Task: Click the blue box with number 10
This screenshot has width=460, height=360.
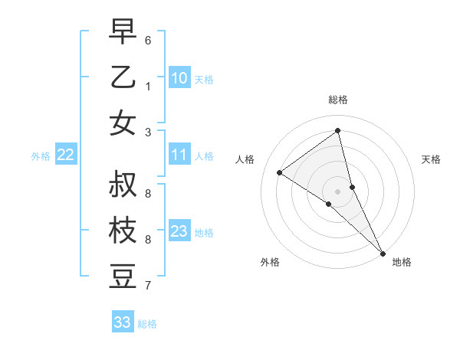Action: (x=179, y=78)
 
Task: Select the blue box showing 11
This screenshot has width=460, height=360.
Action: (x=179, y=155)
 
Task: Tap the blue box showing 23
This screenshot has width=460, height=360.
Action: (x=179, y=231)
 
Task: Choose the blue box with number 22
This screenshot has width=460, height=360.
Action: (x=65, y=155)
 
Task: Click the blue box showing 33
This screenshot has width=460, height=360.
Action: (x=122, y=322)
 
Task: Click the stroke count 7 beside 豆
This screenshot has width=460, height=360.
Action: (x=148, y=286)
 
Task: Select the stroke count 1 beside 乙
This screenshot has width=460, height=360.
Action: (x=148, y=87)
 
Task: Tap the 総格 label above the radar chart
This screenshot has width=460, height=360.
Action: (x=338, y=100)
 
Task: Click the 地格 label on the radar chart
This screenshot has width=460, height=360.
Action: (x=402, y=262)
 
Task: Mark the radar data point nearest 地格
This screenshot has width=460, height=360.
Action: (x=383, y=252)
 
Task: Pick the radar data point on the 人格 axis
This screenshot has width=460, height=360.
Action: (x=279, y=172)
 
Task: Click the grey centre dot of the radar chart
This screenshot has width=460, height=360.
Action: (x=338, y=191)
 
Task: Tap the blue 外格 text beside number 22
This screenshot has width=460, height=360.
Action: (x=41, y=156)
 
